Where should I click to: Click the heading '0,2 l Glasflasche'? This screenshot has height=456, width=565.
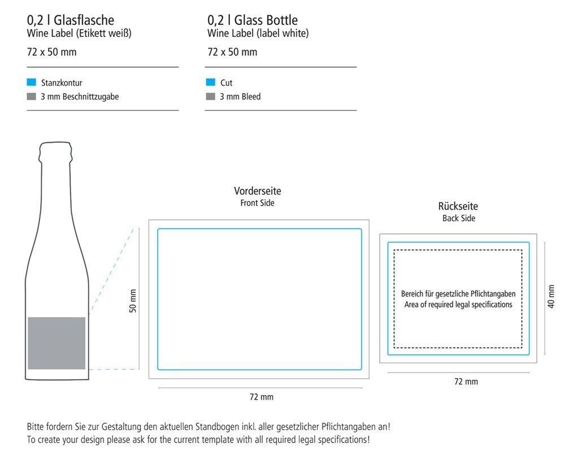click(x=70, y=20)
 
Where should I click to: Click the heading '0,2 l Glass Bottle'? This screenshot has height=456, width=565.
click(x=253, y=20)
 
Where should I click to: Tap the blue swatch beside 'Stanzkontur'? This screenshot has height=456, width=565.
click(x=31, y=82)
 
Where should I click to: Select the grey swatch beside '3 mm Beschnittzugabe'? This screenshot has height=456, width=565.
click(x=31, y=97)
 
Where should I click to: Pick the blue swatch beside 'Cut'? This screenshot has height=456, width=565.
click(x=210, y=82)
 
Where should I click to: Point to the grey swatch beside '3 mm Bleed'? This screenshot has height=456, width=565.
click(x=210, y=97)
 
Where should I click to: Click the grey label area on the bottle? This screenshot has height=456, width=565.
click(x=56, y=343)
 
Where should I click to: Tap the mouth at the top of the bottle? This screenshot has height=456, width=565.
click(x=55, y=143)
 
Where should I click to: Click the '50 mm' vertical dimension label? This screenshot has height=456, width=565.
click(x=133, y=301)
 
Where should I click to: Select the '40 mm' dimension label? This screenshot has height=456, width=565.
click(x=551, y=296)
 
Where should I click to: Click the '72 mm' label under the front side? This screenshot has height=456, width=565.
click(x=262, y=397)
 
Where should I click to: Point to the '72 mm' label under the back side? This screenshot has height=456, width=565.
click(x=466, y=382)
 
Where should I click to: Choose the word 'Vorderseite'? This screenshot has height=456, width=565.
click(x=258, y=191)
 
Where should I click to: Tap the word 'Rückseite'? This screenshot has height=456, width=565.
click(x=458, y=206)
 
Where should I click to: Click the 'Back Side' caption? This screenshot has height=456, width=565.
click(x=459, y=218)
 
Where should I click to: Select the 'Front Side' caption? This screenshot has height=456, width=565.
click(x=257, y=203)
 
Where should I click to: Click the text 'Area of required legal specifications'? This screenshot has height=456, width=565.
click(x=458, y=305)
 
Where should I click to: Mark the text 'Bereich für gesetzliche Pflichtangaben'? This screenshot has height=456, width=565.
click(x=458, y=293)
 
